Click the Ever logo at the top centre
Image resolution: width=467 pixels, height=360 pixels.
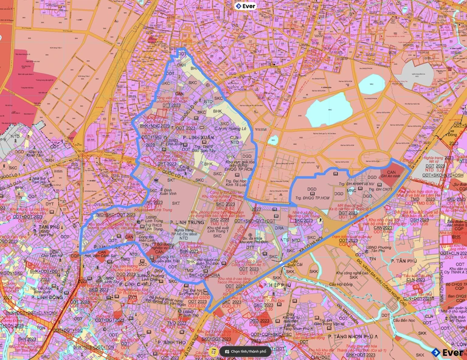pos(246,6)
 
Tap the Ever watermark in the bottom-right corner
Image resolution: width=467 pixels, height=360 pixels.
pos(447,352)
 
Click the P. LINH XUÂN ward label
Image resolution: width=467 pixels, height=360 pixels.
pos(189,138)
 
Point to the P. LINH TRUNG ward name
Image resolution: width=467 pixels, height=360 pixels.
pos(187,222)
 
